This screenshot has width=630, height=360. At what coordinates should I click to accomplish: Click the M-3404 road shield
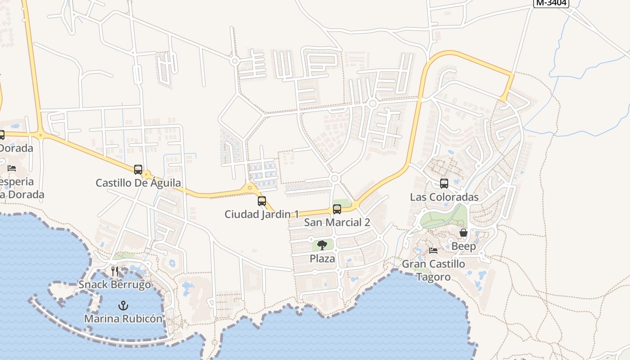point(551,3)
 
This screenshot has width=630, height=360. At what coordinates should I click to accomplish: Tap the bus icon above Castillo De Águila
point(138,170)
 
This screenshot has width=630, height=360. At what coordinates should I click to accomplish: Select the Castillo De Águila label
point(138,183)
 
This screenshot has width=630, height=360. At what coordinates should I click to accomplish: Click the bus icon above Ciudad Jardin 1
point(262,201)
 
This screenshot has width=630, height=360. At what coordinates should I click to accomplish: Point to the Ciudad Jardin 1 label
point(262,214)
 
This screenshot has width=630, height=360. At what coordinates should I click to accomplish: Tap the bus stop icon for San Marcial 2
point(337,209)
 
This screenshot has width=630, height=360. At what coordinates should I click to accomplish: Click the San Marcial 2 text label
point(337,222)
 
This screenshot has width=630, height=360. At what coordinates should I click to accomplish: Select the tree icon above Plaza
point(322,245)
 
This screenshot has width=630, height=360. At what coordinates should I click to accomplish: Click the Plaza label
point(322,259)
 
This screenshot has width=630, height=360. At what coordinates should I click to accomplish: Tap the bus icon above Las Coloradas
point(444,184)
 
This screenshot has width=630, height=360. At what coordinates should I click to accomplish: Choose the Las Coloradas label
point(444,197)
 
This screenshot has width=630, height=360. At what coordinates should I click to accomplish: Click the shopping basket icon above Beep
point(463,233)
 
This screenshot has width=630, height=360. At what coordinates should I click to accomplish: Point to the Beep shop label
point(463,246)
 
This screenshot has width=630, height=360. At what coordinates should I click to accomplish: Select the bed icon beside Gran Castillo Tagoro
point(433,251)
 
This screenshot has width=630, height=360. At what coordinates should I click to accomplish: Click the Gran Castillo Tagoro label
point(433,270)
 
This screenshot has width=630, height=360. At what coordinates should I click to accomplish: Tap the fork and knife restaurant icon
point(115,271)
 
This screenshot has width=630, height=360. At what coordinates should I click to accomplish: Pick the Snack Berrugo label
point(115,284)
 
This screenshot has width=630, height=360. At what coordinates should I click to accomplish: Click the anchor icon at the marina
point(123,306)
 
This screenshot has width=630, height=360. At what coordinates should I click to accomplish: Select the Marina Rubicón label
point(123,319)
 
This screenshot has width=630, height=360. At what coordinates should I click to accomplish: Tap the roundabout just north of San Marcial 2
point(334,179)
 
